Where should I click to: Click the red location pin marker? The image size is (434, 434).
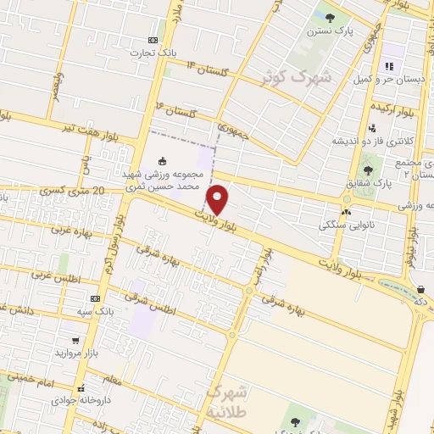[x=218, y=199]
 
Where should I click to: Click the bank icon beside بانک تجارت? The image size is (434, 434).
[x=153, y=40]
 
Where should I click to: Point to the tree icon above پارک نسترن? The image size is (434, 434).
[x=331, y=17]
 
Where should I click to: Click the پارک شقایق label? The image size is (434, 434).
[x=368, y=183]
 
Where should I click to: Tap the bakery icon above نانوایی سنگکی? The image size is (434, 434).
[x=345, y=212]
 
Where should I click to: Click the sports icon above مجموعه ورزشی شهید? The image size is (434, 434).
[x=164, y=161]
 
